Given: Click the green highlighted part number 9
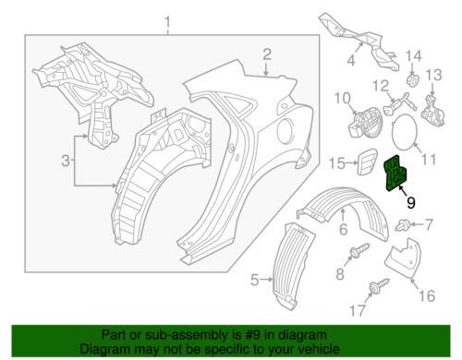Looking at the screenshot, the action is tap(395, 173).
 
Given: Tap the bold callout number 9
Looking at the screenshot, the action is tap(410, 203).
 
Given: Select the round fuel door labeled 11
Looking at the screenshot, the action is tap(405, 131).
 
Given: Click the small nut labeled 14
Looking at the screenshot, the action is tap(413, 79).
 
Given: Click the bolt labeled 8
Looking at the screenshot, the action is tap(359, 251).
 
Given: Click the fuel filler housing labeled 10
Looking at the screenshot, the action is tap(365, 122).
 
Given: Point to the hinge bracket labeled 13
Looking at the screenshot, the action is tap(433, 111).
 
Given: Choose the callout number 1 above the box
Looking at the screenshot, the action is tap(167, 22).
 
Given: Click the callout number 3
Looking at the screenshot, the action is tap(66, 161).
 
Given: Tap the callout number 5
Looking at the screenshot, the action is tap(254, 280).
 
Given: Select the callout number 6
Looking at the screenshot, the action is tap(344, 229).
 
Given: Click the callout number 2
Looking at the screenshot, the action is tap(267, 54).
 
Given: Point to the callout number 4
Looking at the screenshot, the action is tap(351, 60).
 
